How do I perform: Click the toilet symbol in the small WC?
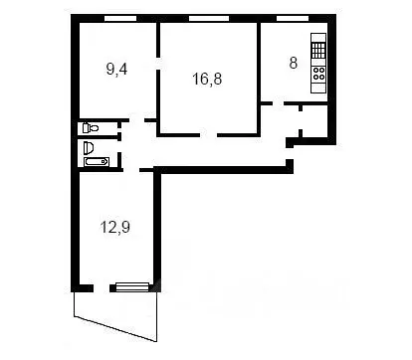coord(91,127)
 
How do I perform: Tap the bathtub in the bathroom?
coord(96,160)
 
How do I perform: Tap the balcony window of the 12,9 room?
coord(131,287)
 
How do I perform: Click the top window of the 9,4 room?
coord(117,19)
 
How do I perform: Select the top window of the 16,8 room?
coord(205,19)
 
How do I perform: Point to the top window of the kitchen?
coord(293,19)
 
